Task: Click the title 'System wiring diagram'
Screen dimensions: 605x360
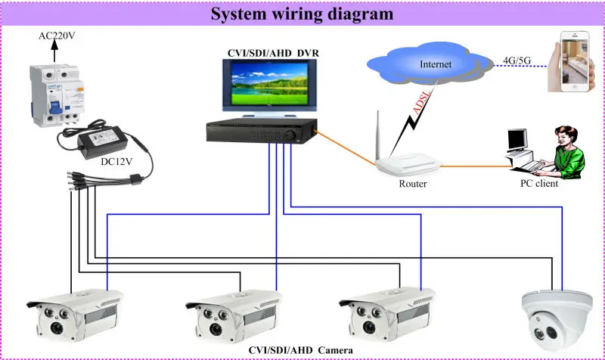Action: click(302, 14)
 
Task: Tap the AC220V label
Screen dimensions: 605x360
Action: click(57, 36)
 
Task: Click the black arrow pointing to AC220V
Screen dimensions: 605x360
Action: click(54, 51)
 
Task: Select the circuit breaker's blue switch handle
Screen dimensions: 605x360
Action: click(55, 107)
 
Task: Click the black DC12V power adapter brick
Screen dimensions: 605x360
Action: click(103, 141)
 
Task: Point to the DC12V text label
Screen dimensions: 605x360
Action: click(116, 162)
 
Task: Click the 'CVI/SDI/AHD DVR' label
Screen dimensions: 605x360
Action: click(273, 53)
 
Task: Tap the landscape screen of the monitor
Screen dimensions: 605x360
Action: click(269, 83)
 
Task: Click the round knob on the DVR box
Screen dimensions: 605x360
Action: click(290, 135)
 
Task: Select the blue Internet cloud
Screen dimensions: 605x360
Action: click(430, 64)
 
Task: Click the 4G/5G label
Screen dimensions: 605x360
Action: click(517, 61)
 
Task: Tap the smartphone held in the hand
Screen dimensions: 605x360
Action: click(575, 61)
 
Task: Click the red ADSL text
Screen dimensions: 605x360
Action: click(421, 103)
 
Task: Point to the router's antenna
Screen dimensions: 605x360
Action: click(377, 135)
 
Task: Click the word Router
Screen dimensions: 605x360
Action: click(412, 184)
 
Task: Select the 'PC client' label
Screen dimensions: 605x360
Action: click(539, 183)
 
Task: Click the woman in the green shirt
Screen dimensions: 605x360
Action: click(567, 153)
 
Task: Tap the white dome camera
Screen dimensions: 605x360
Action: click(557, 320)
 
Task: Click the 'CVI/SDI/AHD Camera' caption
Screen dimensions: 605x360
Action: click(300, 350)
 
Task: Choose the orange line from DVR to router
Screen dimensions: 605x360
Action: click(346, 148)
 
